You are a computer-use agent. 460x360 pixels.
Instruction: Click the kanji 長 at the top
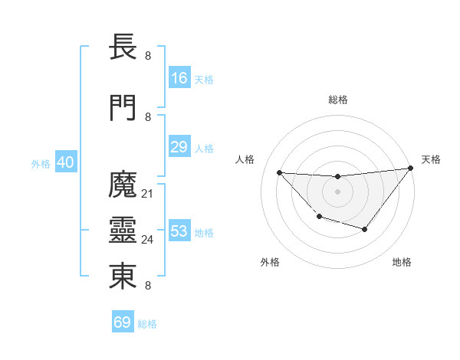123,49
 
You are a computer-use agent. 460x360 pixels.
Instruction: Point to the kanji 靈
123,231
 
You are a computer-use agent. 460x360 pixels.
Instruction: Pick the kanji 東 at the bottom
123,277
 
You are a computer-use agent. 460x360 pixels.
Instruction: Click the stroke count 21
148,193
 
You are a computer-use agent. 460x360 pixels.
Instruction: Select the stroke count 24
148,240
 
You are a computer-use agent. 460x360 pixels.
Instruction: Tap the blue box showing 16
179,78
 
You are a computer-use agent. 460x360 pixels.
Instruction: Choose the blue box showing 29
179,148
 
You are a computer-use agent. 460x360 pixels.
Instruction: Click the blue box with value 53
179,231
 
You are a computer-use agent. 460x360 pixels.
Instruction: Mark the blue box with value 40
65,162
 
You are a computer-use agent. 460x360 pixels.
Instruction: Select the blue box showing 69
123,322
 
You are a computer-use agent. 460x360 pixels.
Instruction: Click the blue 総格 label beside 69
148,324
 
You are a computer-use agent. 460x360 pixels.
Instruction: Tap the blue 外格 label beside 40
41,164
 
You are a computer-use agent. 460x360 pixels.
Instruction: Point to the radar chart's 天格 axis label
431,159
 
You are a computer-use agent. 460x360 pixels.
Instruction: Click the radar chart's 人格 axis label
245,159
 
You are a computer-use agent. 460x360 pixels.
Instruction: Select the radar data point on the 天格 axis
411,169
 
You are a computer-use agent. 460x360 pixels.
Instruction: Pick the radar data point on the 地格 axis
365,230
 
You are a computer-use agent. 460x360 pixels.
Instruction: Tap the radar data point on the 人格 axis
279,172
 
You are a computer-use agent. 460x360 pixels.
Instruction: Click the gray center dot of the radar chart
337,191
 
